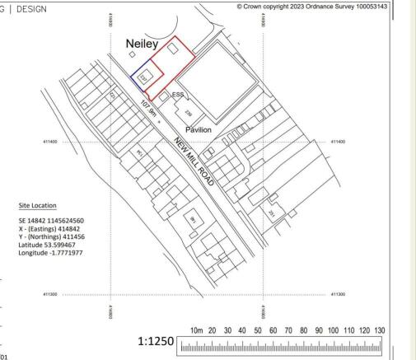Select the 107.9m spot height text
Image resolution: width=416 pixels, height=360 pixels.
pyautogui.click(x=152, y=111)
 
